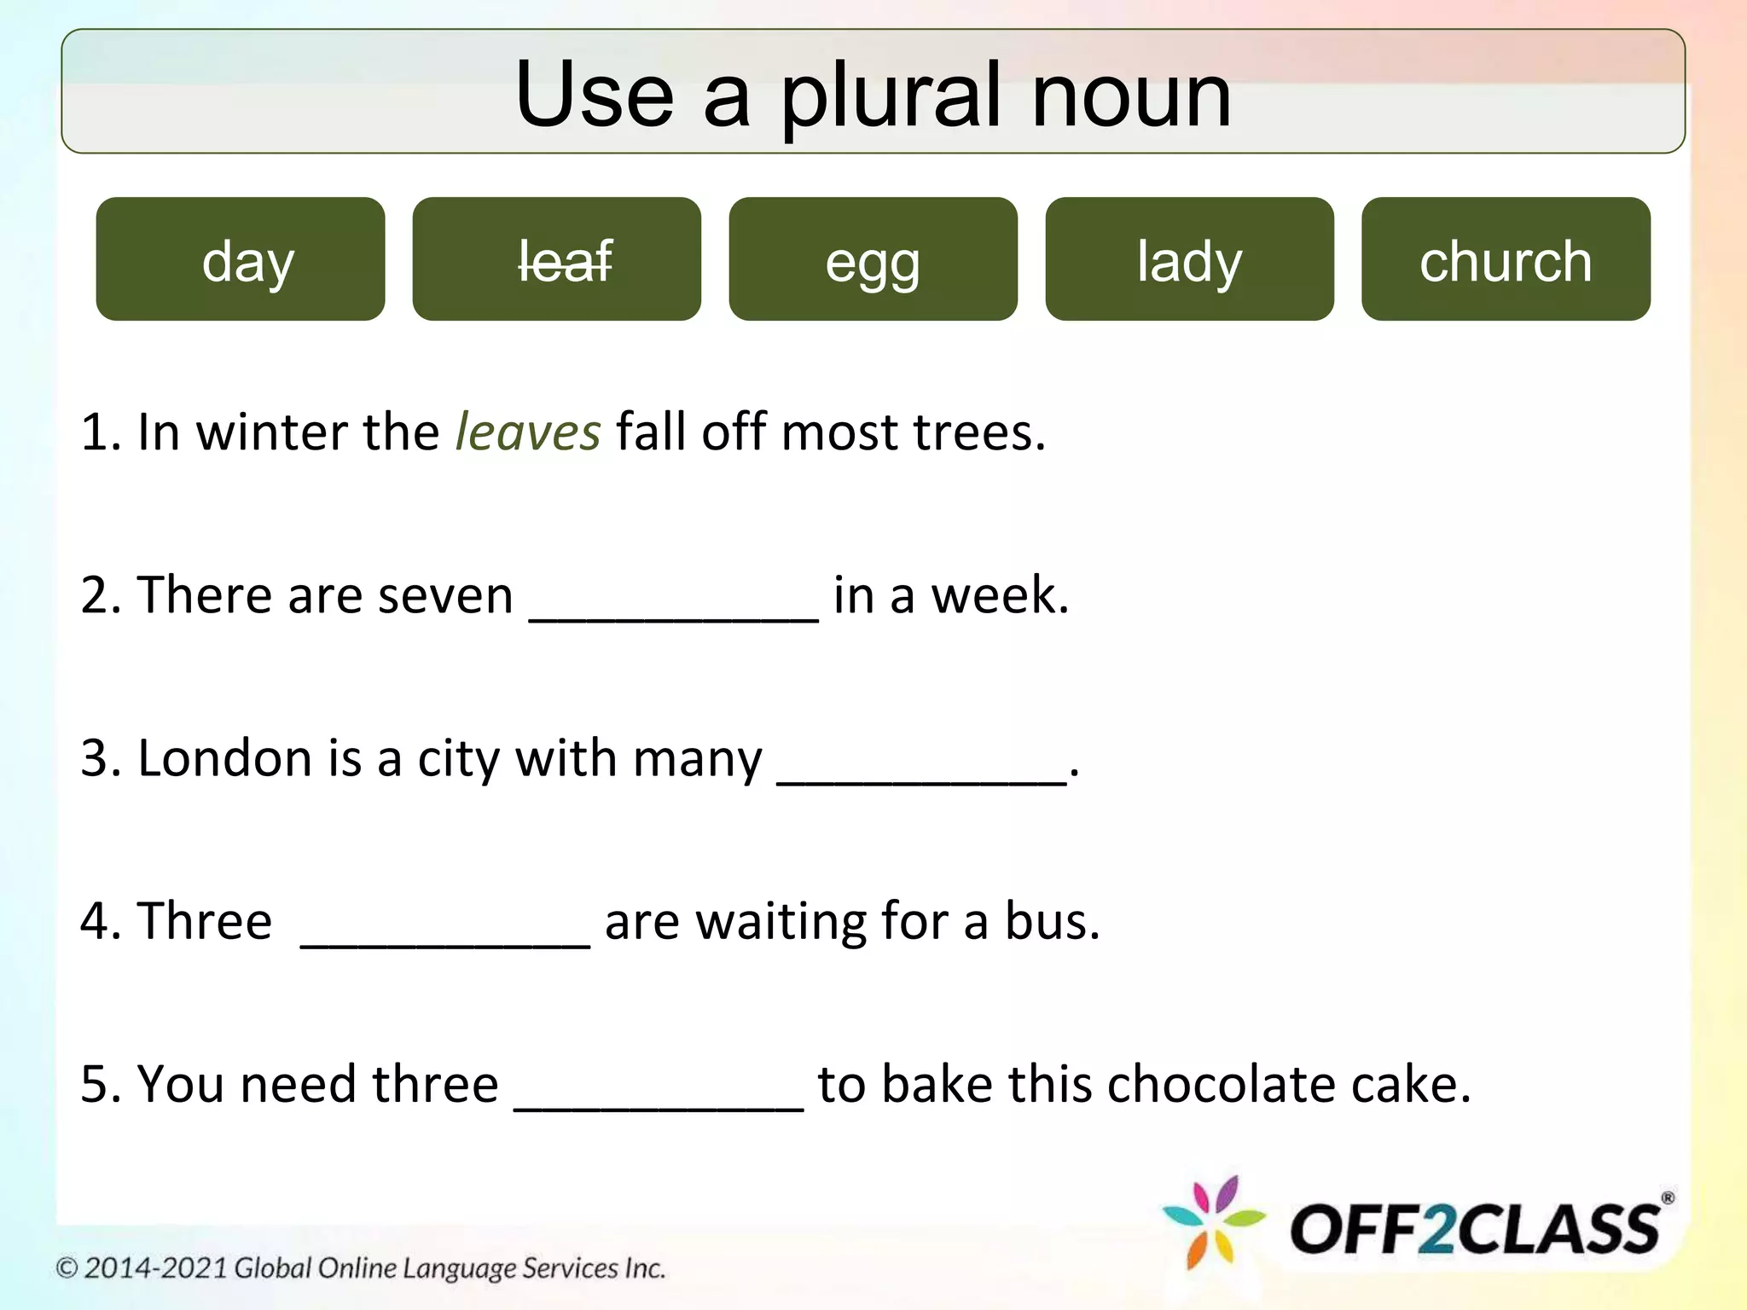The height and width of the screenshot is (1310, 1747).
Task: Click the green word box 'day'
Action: pyautogui.click(x=241, y=259)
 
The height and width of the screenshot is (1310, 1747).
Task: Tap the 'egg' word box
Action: pyautogui.click(x=873, y=259)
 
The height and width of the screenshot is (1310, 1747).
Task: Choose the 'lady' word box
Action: pyautogui.click(x=1189, y=259)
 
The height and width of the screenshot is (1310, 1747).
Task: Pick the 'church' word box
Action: pyautogui.click(x=1506, y=259)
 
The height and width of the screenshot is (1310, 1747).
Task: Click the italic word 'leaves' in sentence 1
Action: pyautogui.click(x=528, y=432)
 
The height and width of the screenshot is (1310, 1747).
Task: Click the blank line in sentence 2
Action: pyautogui.click(x=674, y=611)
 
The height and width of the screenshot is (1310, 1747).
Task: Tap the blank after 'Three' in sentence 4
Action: pyautogui.click(x=445, y=936)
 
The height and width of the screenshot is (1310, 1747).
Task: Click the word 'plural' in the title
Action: pyautogui.click(x=891, y=96)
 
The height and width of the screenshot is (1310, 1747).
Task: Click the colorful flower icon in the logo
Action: pyautogui.click(x=1214, y=1223)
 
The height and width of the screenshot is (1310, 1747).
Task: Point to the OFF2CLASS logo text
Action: pyautogui.click(x=1476, y=1230)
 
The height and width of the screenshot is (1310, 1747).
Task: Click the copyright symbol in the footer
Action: pyautogui.click(x=67, y=1268)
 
